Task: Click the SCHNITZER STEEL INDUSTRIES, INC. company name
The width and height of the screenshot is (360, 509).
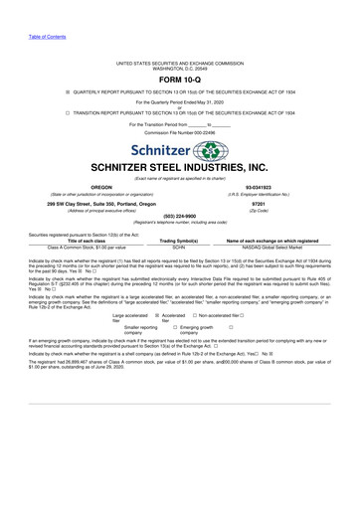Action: coord(180,169)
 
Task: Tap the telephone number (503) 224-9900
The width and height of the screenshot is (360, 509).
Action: coord(180,217)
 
